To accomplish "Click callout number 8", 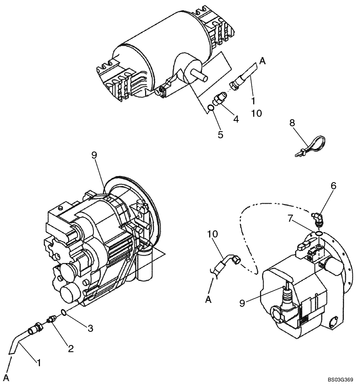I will (x=292, y=123).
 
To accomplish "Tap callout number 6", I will (x=333, y=186).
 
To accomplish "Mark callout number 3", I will (x=90, y=328).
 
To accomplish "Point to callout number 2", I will (x=70, y=349).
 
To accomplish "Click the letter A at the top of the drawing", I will (x=263, y=60).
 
